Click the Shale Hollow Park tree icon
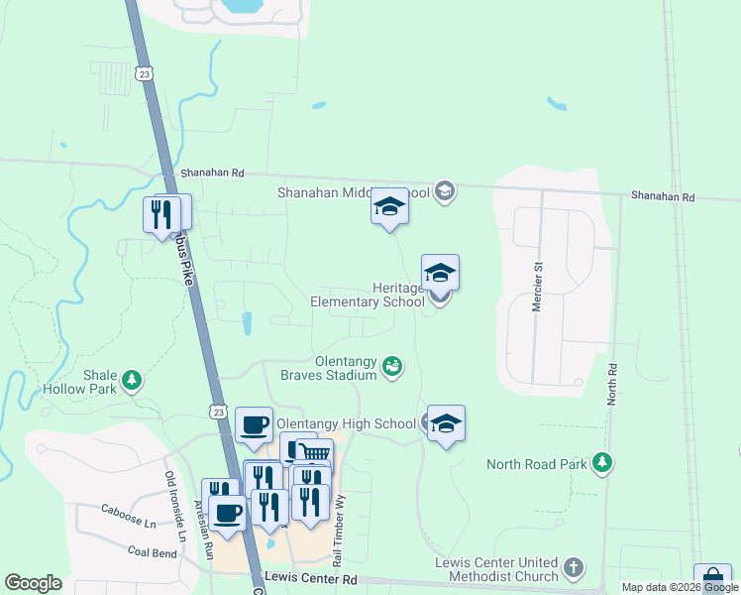[x=131, y=380]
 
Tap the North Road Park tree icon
[x=600, y=462]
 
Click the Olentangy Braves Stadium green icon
[x=392, y=367]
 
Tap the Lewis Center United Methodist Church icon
[x=573, y=568]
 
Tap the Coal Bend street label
[x=149, y=549]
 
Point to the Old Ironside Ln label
[x=174, y=507]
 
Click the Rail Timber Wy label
[x=340, y=517]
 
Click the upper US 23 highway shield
[x=146, y=72]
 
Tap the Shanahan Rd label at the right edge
[x=663, y=196]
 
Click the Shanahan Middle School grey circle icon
[x=445, y=191]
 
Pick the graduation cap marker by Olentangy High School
[x=446, y=424]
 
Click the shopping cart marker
[x=314, y=454]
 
